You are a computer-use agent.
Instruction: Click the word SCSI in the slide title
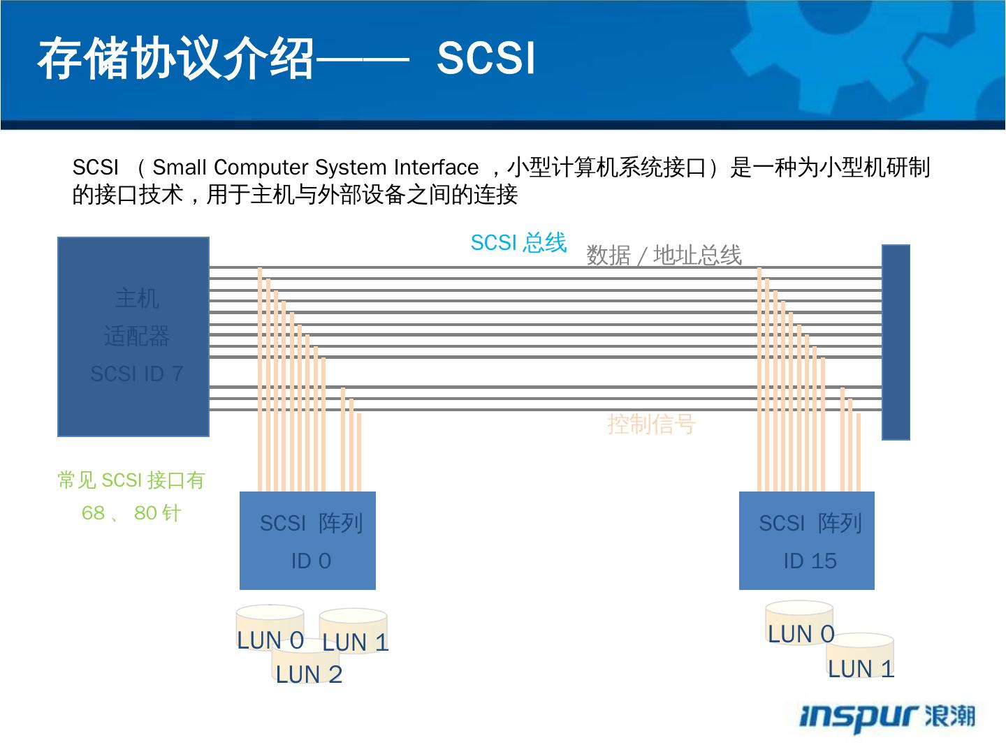click(x=486, y=58)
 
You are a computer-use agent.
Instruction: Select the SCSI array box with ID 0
click(x=307, y=541)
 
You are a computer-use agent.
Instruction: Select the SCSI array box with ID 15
click(x=806, y=541)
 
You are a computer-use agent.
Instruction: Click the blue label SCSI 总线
click(x=518, y=243)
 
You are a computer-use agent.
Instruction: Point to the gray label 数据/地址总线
click(x=664, y=256)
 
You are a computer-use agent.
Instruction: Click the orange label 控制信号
click(x=651, y=424)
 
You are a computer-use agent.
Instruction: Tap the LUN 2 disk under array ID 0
click(x=308, y=671)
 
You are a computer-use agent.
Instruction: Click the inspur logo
click(x=887, y=716)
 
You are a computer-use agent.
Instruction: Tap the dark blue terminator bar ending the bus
click(x=896, y=342)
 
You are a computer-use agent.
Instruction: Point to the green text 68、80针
click(x=131, y=513)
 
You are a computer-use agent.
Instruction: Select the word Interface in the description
click(x=436, y=168)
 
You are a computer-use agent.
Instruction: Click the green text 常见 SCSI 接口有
click(x=131, y=480)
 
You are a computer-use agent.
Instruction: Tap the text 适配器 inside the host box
click(x=137, y=337)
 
